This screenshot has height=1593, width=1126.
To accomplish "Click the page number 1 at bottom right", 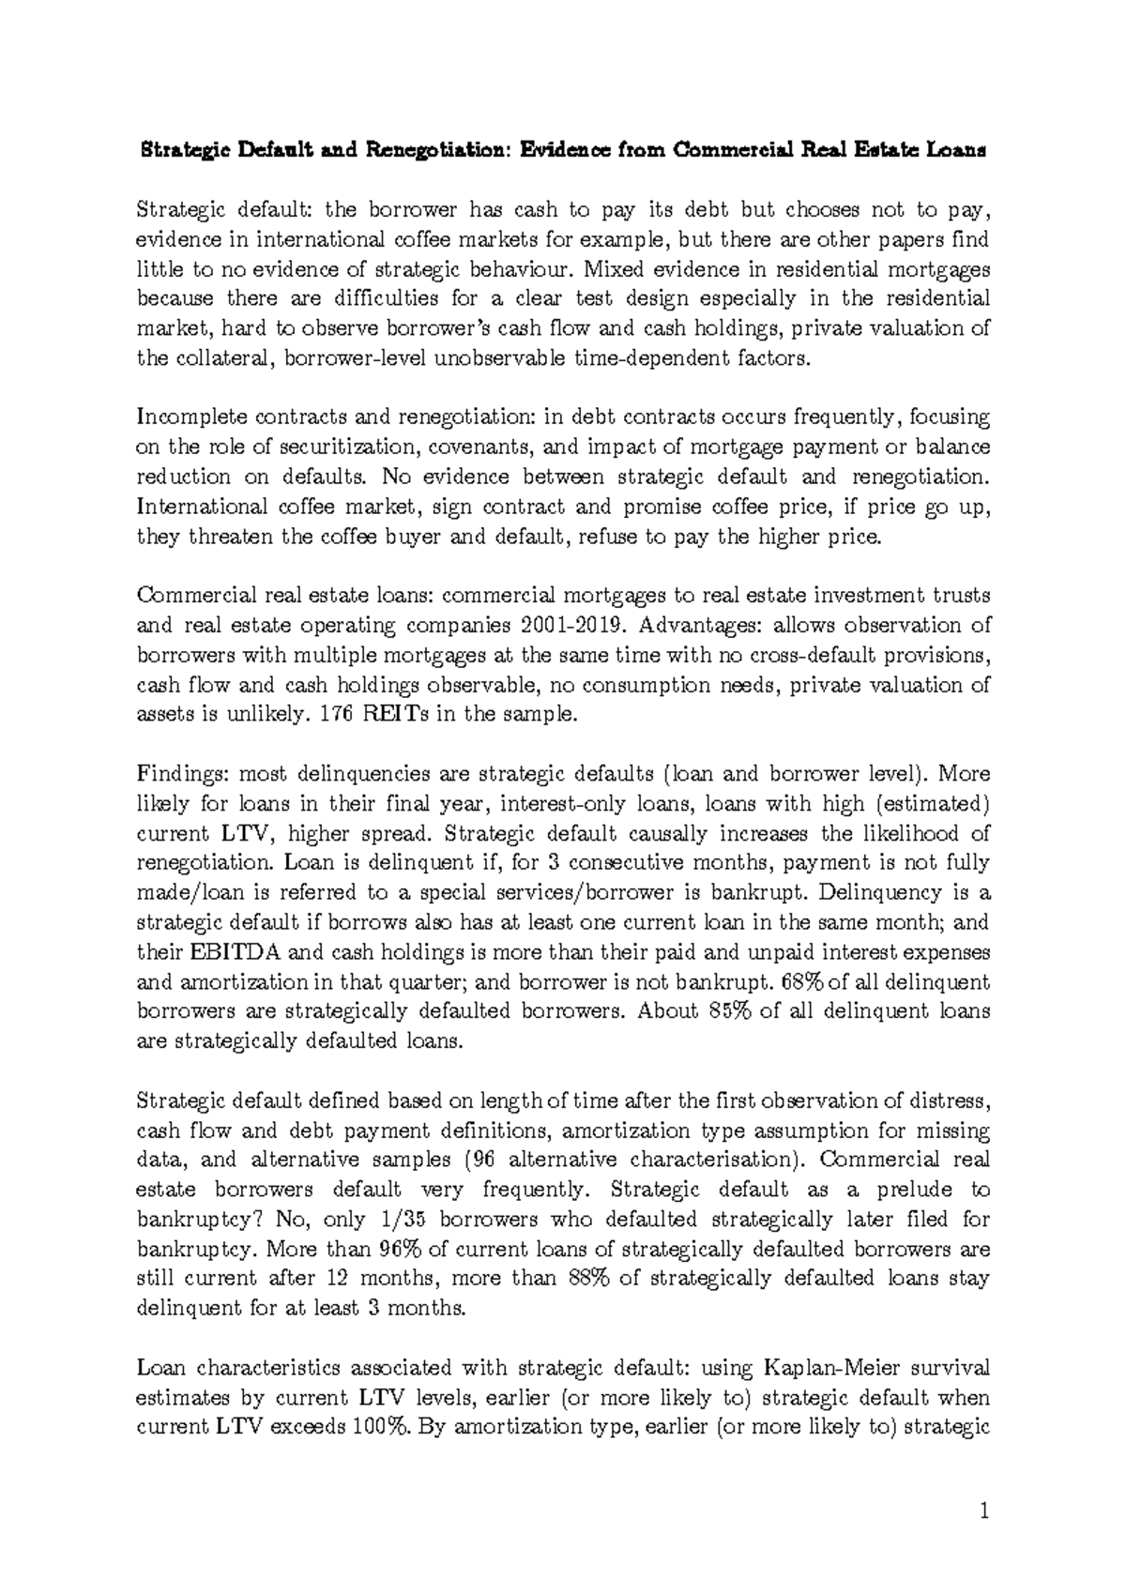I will [x=984, y=1511].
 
